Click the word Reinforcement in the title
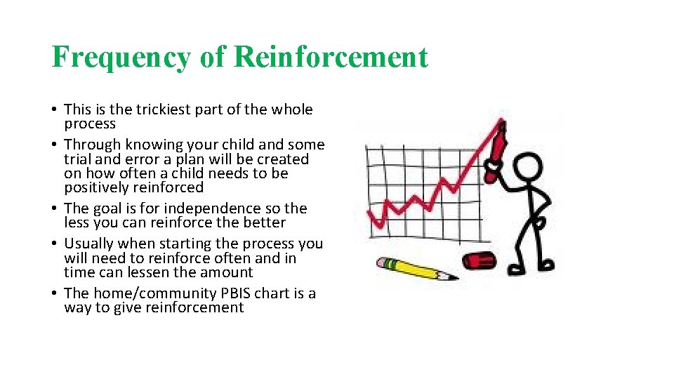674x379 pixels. click(x=331, y=58)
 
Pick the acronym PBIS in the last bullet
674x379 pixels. click(x=235, y=293)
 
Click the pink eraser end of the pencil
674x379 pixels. click(x=383, y=262)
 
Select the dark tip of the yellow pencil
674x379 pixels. click(x=453, y=277)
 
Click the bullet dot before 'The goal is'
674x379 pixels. click(x=55, y=208)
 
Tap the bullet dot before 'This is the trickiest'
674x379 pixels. click(x=55, y=109)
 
